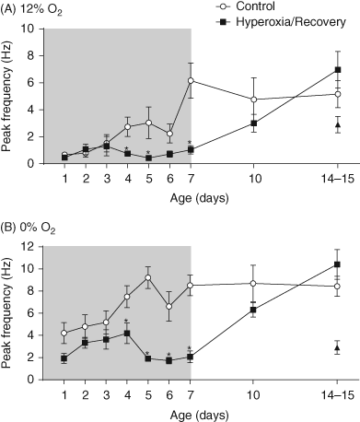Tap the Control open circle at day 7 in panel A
click(191, 81)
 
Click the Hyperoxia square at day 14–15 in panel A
click(338, 70)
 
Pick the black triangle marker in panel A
click(338, 125)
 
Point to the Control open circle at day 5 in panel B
click(148, 277)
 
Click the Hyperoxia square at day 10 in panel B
click(253, 310)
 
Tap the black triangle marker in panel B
click(338, 348)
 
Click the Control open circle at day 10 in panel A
click(253, 100)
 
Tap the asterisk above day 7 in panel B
click(190, 348)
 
